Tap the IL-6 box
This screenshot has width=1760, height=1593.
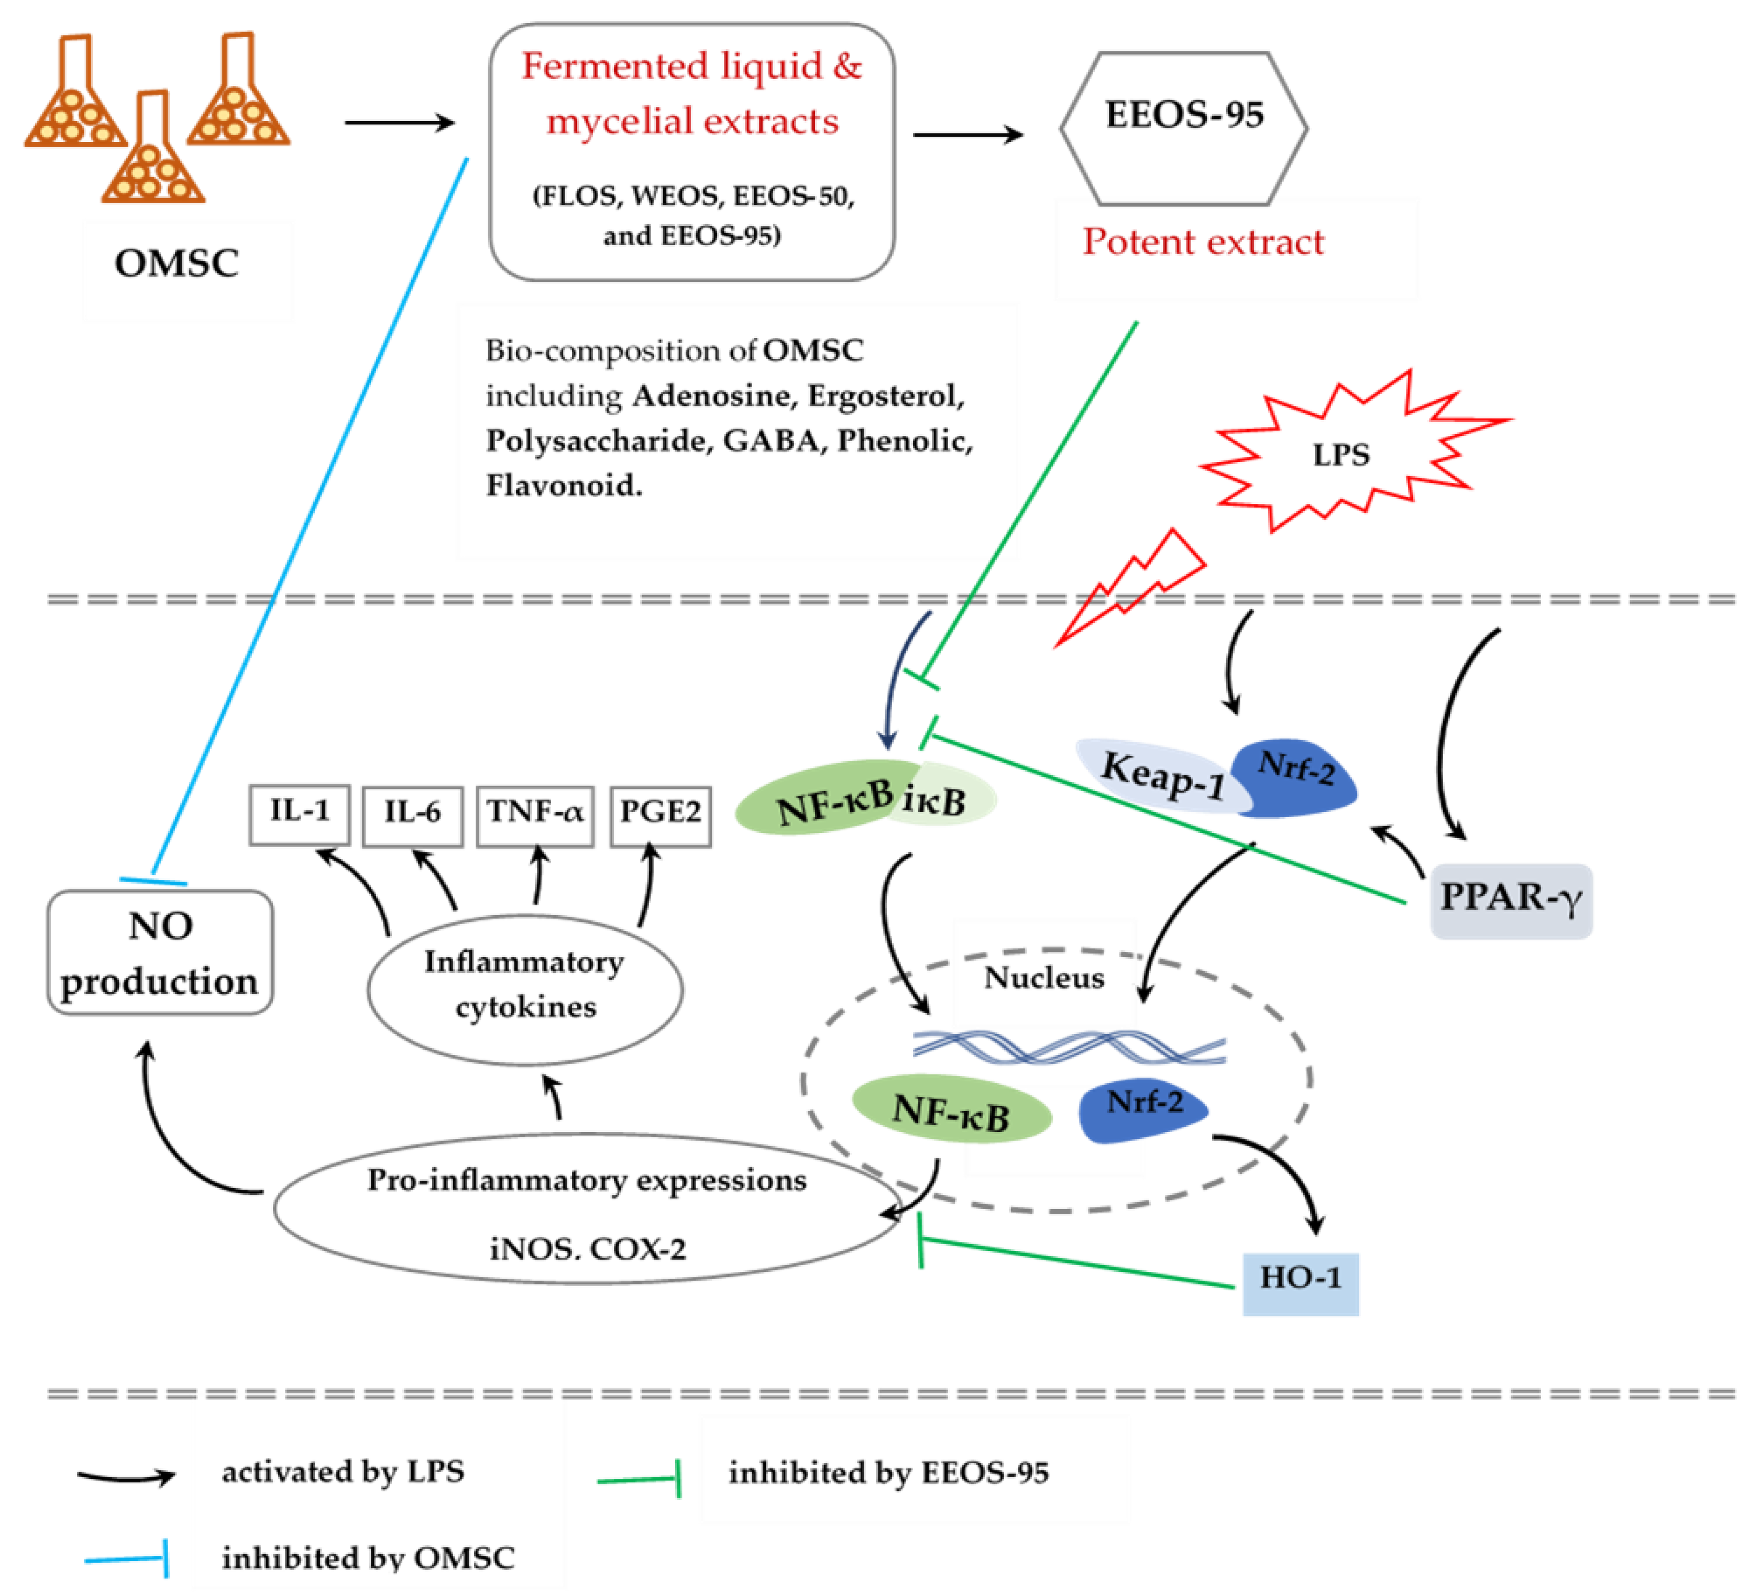[x=412, y=815]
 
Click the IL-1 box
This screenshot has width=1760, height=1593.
[x=300, y=814]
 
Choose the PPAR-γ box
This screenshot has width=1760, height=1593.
[x=1510, y=901]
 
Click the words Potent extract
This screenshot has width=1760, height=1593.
[x=1203, y=242]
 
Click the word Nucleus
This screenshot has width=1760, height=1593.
[x=1043, y=977]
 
